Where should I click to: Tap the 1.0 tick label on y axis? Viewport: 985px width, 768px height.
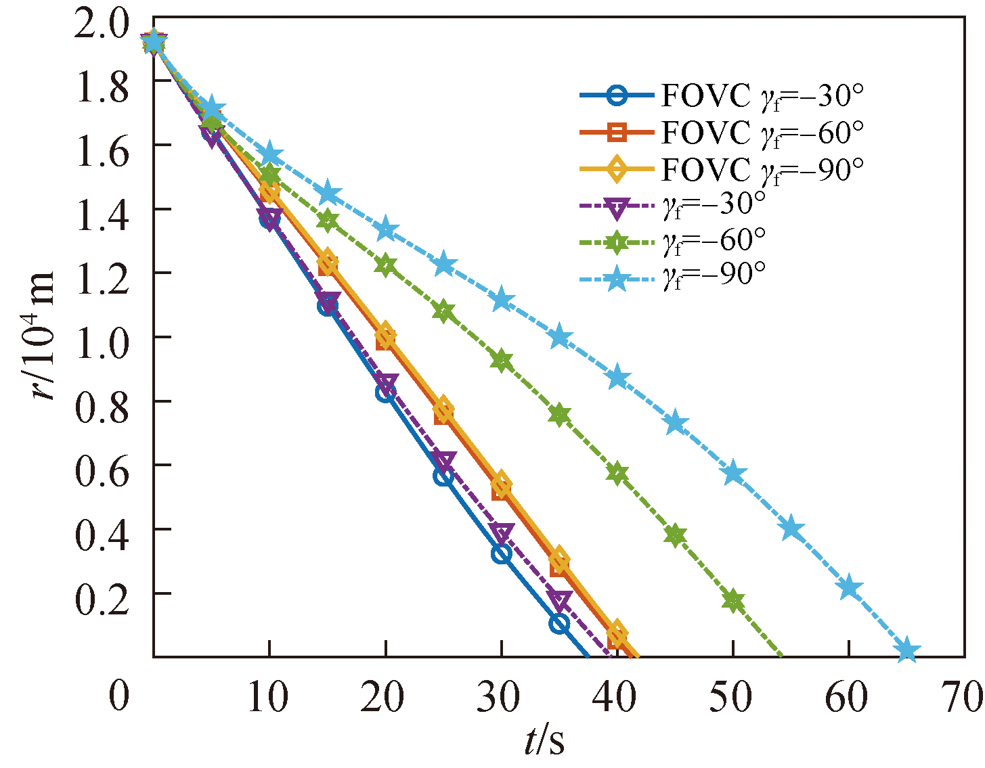tap(102, 337)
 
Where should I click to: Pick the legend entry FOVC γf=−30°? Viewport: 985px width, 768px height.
tap(721, 96)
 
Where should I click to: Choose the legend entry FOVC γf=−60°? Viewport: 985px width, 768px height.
tap(721, 133)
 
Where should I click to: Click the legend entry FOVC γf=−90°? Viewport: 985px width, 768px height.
tap(721, 169)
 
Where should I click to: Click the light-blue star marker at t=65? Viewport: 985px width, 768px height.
tap(906, 651)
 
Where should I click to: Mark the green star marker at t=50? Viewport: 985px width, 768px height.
tap(732, 601)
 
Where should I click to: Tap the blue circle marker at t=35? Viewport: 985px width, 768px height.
tap(559, 624)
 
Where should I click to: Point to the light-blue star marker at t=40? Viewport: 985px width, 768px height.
tap(617, 378)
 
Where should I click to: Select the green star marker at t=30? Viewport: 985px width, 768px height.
tap(501, 361)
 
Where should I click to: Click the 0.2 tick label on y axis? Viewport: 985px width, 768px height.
tap(102, 593)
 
